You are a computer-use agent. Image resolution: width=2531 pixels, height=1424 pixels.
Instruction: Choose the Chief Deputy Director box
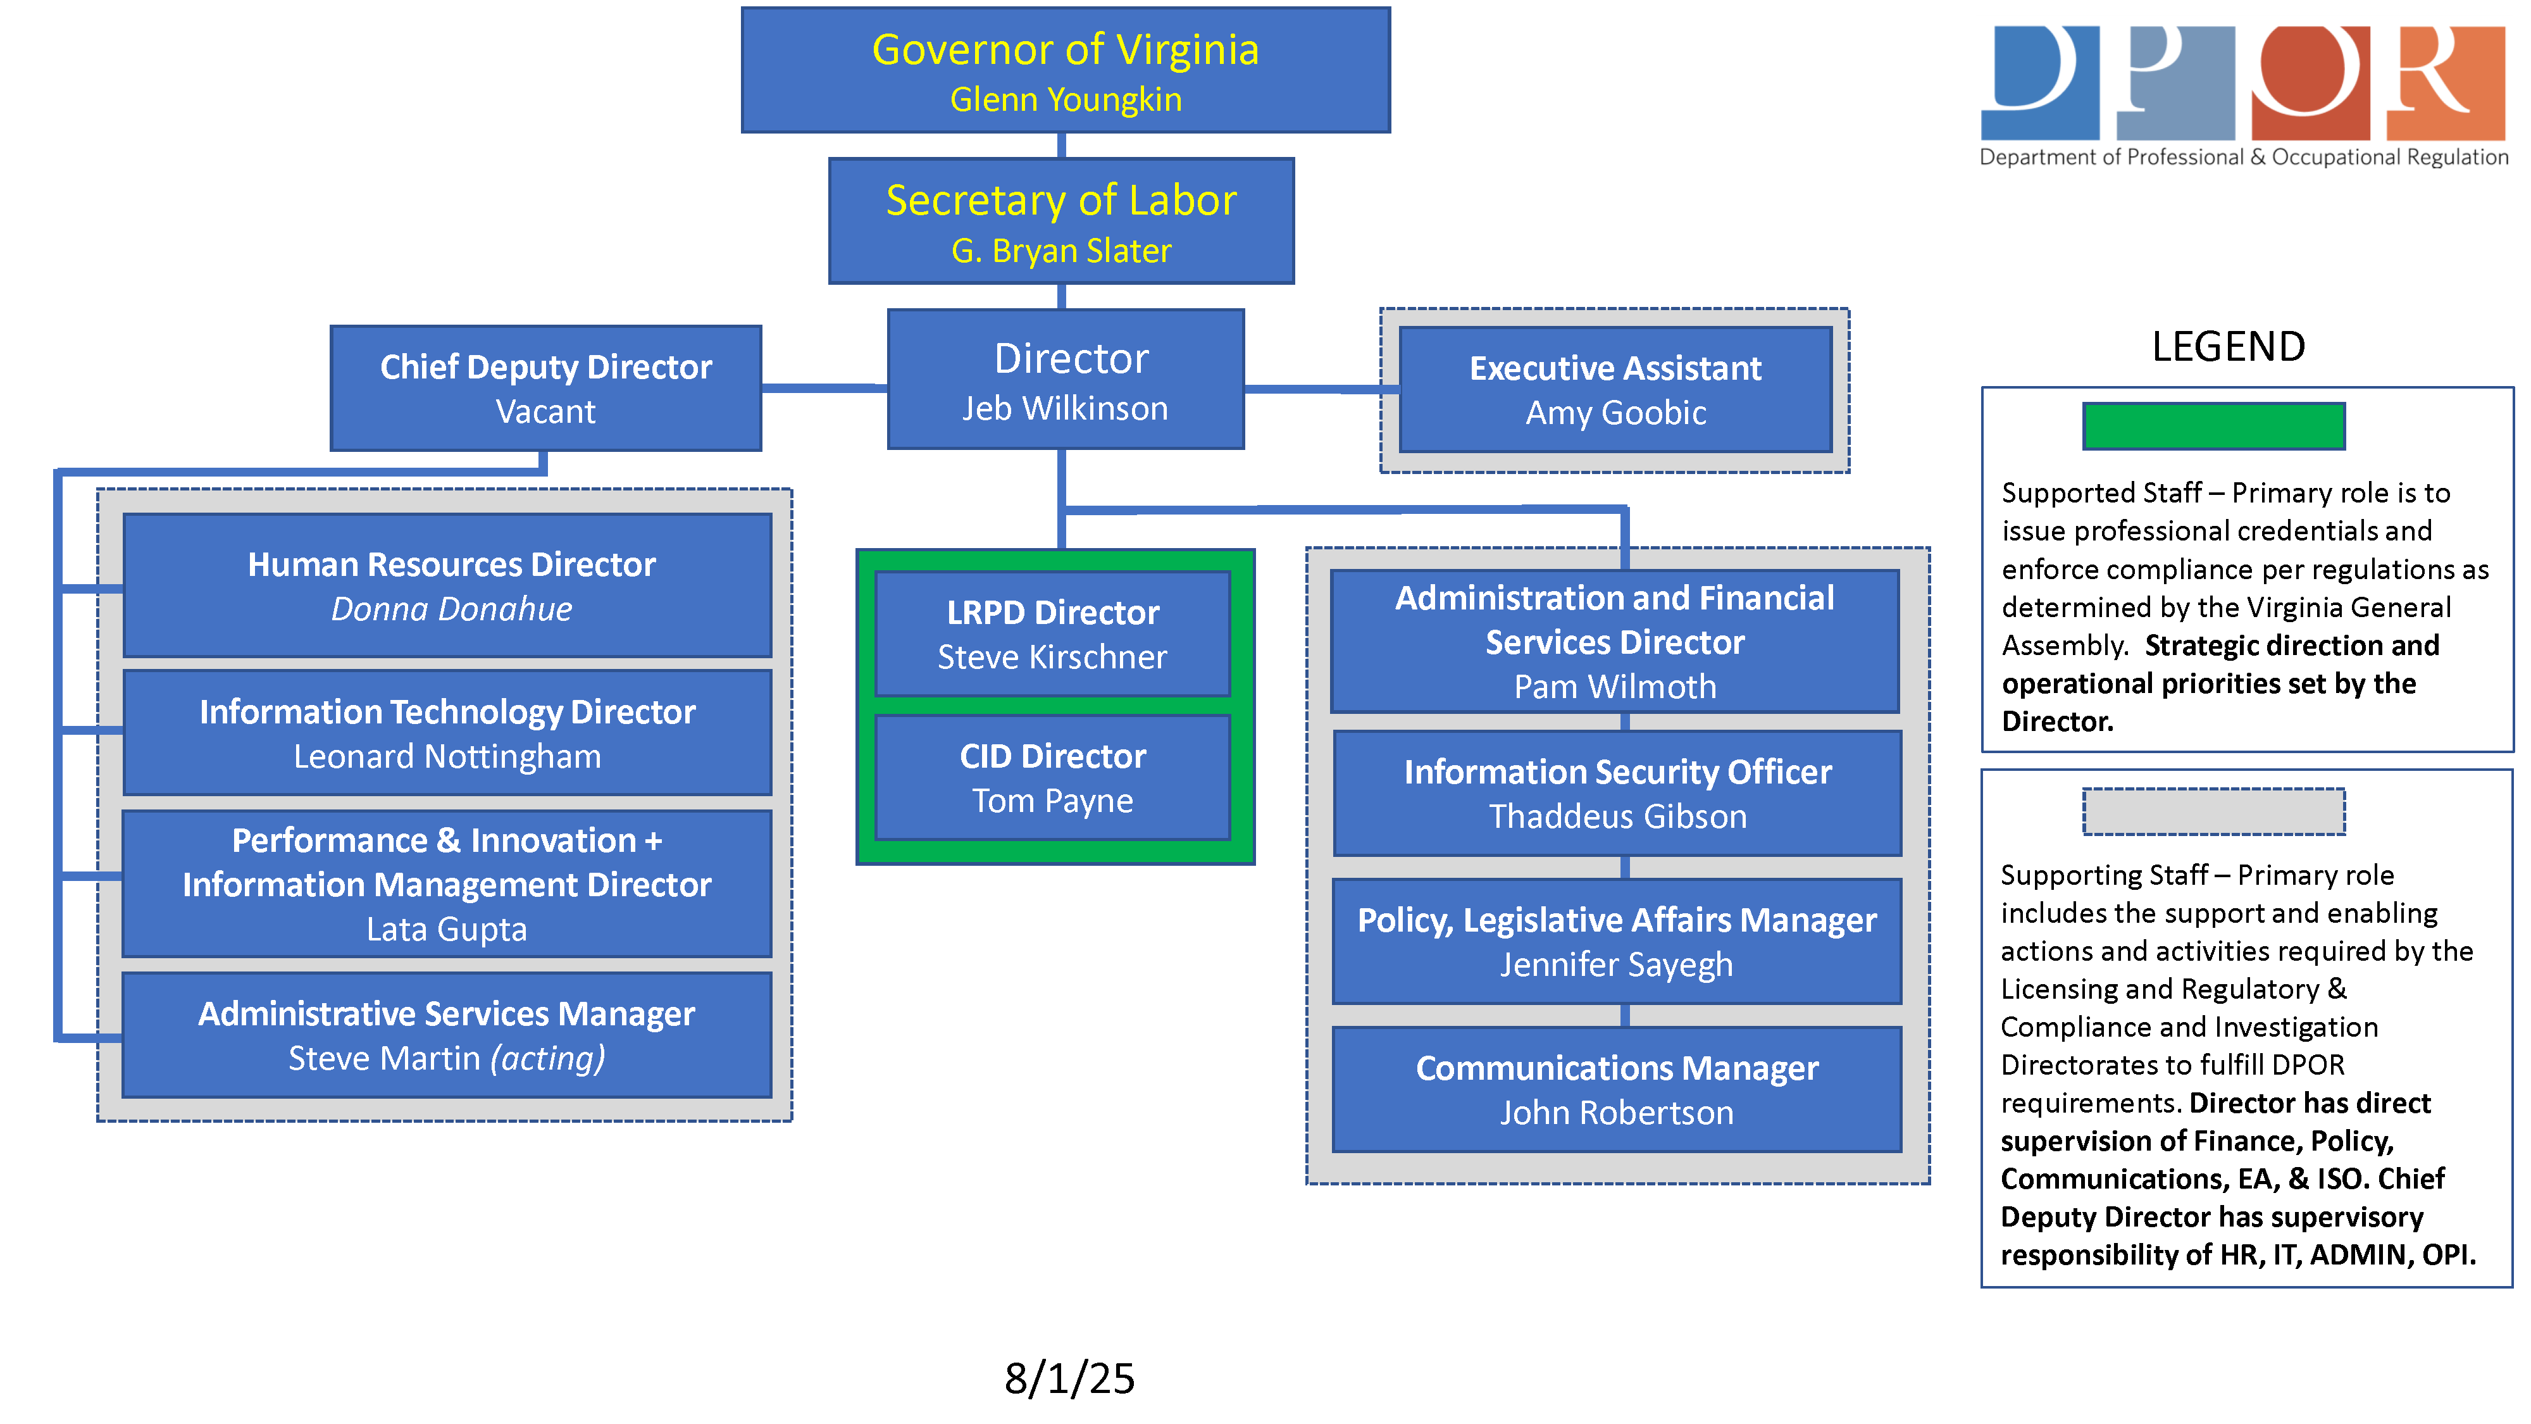pyautogui.click(x=545, y=388)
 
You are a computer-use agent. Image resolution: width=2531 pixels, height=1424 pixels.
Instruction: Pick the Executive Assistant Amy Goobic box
pyautogui.click(x=1615, y=390)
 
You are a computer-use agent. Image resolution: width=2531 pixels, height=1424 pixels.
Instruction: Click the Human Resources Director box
pyautogui.click(x=448, y=585)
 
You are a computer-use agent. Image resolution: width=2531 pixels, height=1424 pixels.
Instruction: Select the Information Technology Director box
pyautogui.click(x=448, y=733)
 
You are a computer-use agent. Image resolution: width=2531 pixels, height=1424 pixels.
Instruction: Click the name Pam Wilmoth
pyautogui.click(x=1615, y=687)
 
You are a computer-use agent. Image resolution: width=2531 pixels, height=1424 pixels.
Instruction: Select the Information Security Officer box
pyautogui.click(x=1617, y=793)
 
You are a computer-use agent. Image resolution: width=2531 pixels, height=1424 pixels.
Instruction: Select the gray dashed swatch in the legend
pyautogui.click(x=2213, y=812)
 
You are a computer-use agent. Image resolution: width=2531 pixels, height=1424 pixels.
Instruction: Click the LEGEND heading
pyautogui.click(x=2229, y=347)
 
